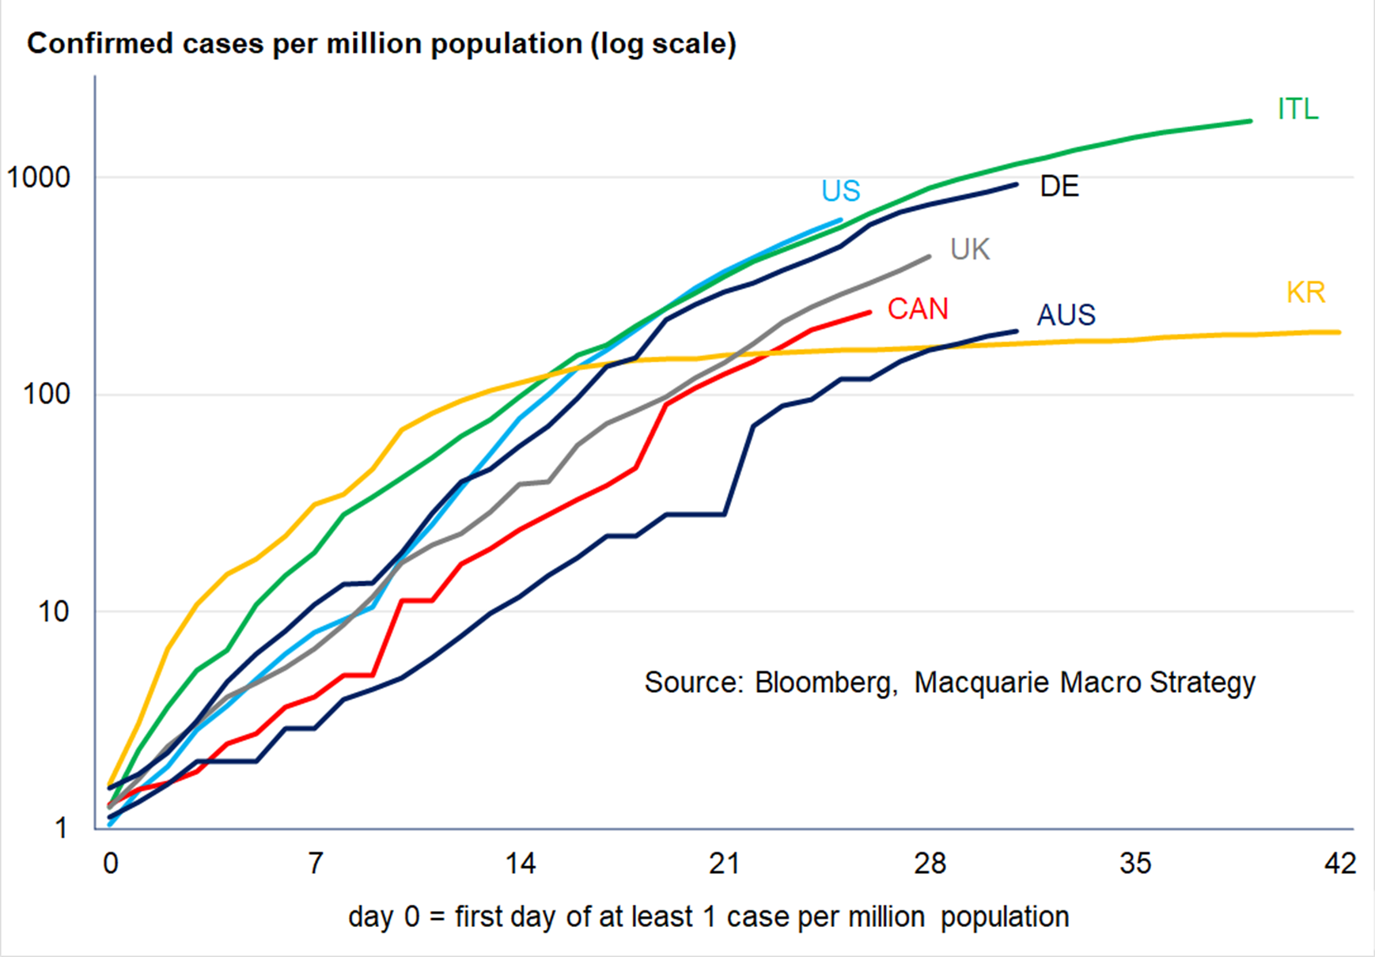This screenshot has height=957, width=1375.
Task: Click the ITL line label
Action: coord(1298,109)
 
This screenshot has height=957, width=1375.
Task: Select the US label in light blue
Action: coord(840,191)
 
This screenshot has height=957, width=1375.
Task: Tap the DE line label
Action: coord(1059,187)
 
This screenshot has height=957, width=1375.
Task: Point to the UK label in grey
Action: coord(970,250)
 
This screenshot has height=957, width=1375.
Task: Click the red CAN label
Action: coord(918,308)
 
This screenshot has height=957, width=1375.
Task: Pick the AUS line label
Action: coord(1066,315)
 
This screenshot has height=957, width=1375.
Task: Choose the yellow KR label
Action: coord(1305,293)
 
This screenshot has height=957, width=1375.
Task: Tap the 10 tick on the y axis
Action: coord(54,611)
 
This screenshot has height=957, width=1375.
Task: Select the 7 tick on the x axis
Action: coord(316,864)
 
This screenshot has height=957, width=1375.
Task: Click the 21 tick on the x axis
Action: coord(725,864)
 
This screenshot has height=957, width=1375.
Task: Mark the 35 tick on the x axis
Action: coord(1135,864)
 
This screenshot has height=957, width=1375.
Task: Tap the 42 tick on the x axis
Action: coord(1340,864)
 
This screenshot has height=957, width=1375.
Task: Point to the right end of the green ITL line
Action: coord(1250,121)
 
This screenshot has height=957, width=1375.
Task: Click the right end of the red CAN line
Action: coord(869,312)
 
